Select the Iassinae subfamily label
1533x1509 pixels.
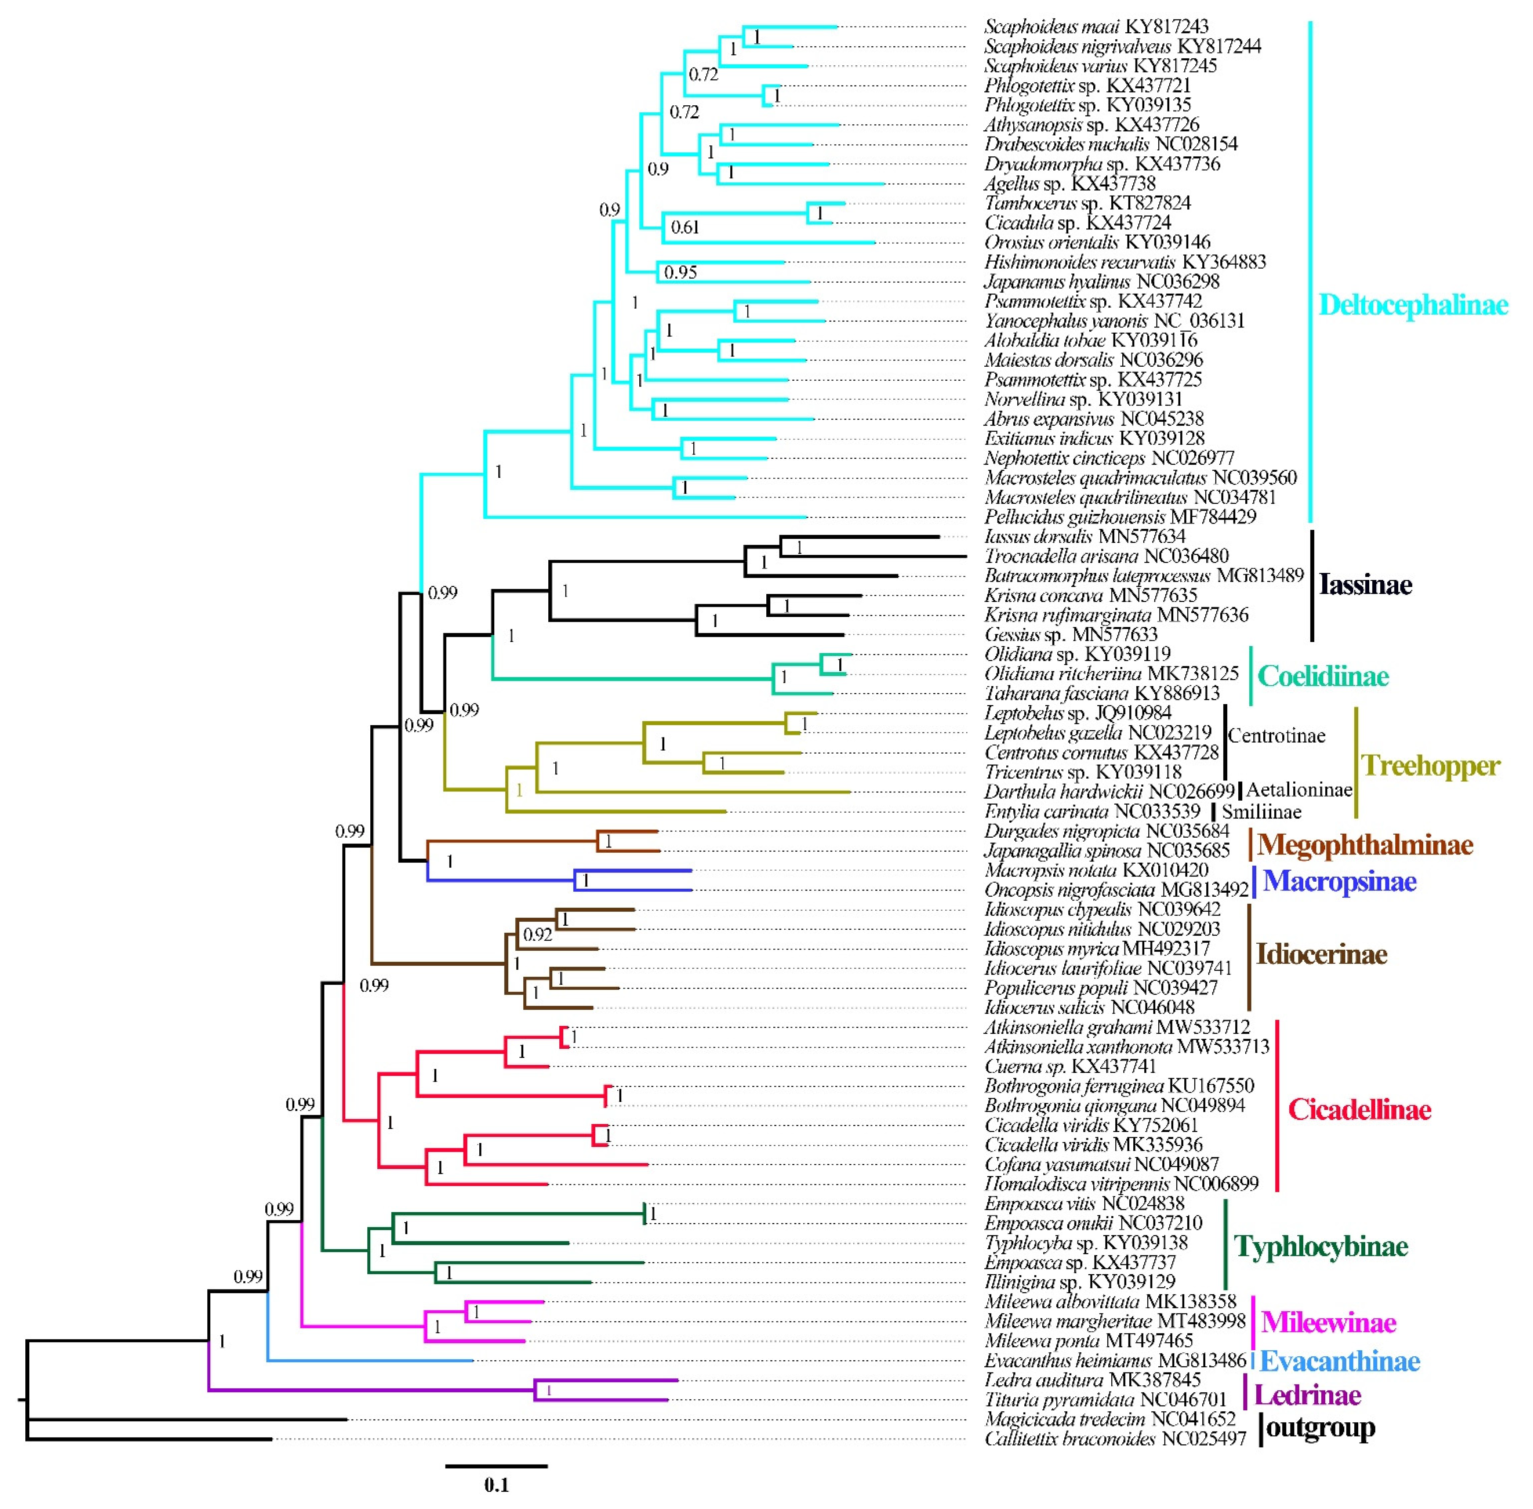(1365, 585)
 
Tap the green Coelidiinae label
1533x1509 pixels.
(1323, 676)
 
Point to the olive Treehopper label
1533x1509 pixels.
(1430, 766)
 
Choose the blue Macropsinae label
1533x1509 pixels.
(1339, 881)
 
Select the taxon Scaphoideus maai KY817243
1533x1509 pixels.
(1097, 27)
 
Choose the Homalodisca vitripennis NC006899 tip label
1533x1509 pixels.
(1121, 1184)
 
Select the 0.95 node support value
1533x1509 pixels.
(680, 273)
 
